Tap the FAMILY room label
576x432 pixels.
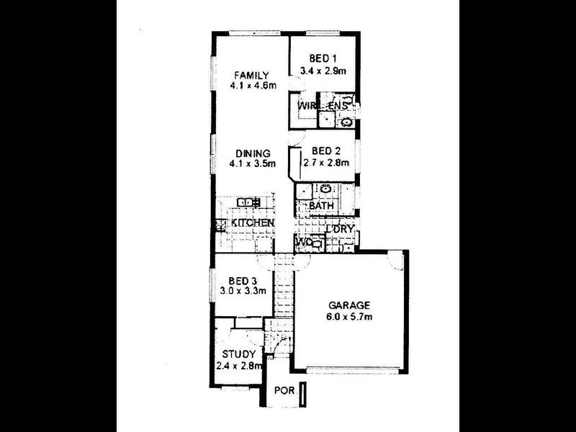250,76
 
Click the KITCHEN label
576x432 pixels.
252,224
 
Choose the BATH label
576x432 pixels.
320,206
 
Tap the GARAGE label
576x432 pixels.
351,305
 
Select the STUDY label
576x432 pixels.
237,354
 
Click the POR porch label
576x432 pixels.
284,394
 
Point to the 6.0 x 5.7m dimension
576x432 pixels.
351,316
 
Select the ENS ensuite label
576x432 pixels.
338,107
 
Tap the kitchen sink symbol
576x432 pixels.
248,202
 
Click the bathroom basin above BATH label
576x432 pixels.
325,190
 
